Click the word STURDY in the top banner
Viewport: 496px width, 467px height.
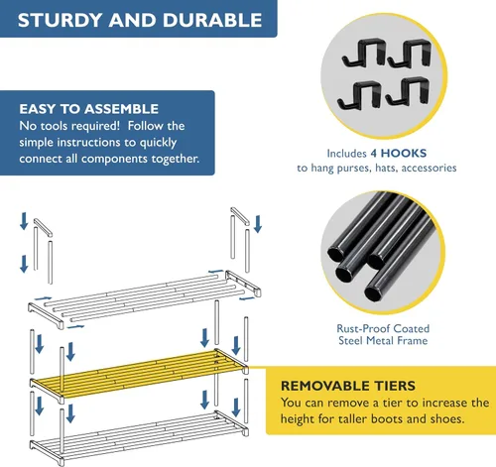point(60,20)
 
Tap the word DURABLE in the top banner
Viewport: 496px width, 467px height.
point(212,20)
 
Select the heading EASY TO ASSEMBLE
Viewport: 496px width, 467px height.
point(88,109)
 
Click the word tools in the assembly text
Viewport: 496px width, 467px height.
point(55,126)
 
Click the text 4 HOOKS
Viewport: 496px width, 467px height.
point(399,153)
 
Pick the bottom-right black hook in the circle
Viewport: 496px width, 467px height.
point(408,91)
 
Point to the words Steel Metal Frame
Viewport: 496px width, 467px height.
point(383,341)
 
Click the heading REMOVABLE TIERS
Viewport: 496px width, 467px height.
point(348,386)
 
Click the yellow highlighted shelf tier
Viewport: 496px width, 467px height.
point(139,374)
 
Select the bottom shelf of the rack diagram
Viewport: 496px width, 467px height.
point(139,435)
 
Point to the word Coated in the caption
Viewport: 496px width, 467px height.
point(412,329)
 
